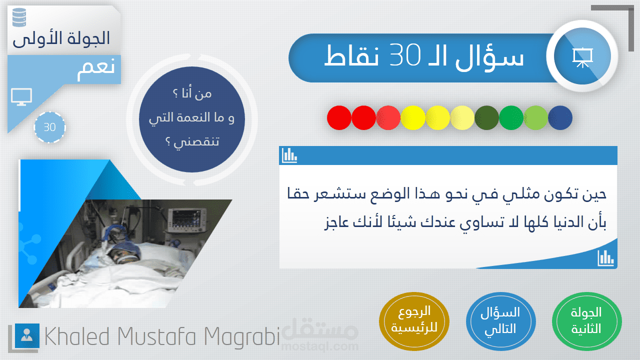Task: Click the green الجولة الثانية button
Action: [x=586, y=321]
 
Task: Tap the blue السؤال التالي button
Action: [x=501, y=321]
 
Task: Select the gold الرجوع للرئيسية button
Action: [x=414, y=321]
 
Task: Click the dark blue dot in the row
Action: [x=560, y=117]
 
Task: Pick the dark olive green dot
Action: [x=486, y=117]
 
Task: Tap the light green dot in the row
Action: [x=535, y=117]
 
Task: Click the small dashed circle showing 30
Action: [x=49, y=127]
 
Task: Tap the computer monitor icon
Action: [x=21, y=97]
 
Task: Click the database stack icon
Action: [x=19, y=17]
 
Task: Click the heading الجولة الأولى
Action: [x=61, y=39]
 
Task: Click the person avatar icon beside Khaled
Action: [x=27, y=335]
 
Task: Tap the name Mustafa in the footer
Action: [x=156, y=336]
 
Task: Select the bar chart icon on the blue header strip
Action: [x=289, y=155]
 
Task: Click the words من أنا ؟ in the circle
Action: [x=192, y=93]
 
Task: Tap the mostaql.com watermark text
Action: [x=319, y=346]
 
